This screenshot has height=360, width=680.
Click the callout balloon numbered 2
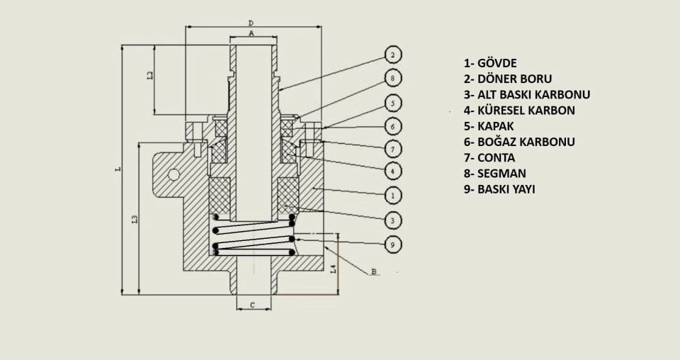click(x=394, y=55)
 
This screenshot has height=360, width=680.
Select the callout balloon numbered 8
click(x=394, y=78)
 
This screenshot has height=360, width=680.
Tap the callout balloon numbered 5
click(x=394, y=103)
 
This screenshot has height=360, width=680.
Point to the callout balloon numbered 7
click(x=394, y=149)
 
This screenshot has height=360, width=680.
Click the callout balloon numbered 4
click(x=394, y=171)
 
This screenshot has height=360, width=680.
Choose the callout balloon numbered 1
click(x=394, y=195)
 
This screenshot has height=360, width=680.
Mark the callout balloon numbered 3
click(x=394, y=220)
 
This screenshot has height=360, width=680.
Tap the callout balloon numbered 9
click(x=394, y=244)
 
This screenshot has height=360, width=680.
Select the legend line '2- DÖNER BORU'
click(x=507, y=79)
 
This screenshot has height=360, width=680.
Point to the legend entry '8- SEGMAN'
click(x=495, y=173)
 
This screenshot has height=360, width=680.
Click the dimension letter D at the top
click(x=251, y=23)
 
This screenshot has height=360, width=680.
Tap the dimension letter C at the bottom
click(x=251, y=305)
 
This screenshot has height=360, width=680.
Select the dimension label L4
click(x=334, y=269)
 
